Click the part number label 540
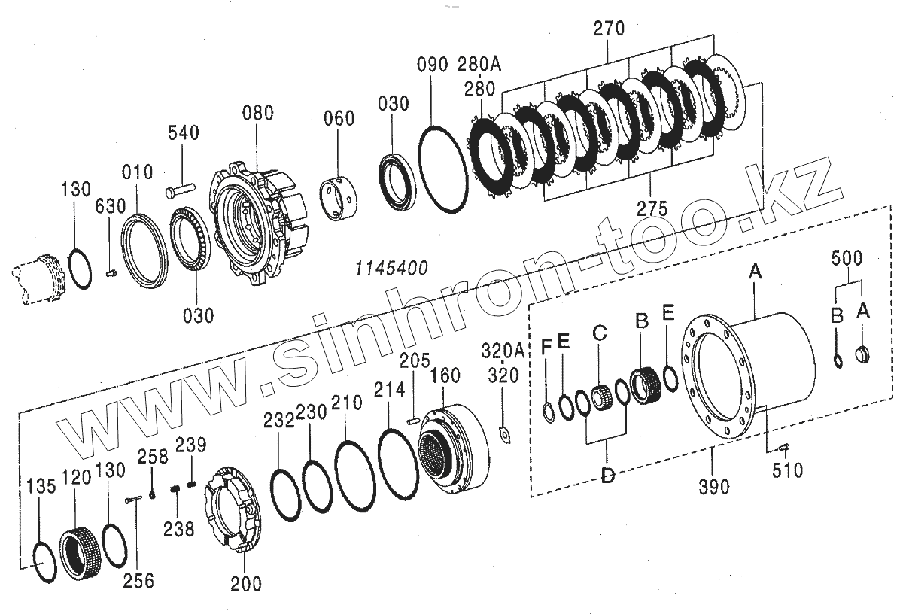point(184,134)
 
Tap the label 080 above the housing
point(257,114)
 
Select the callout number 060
point(339,119)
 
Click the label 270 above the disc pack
point(609,29)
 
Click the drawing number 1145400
point(392,267)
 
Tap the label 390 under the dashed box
point(713,487)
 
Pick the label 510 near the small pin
point(788,470)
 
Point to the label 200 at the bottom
point(247,583)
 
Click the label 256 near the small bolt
point(139,580)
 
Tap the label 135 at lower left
point(41,485)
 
